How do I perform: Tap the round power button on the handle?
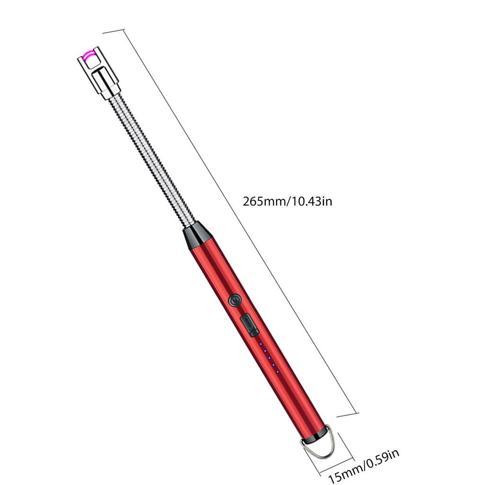click(x=234, y=300)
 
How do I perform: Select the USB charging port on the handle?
click(x=249, y=326)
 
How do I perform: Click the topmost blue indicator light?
click(x=261, y=344)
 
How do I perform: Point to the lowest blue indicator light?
click(x=278, y=371)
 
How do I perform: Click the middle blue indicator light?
click(x=269, y=358)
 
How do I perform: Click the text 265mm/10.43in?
click(x=287, y=201)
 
